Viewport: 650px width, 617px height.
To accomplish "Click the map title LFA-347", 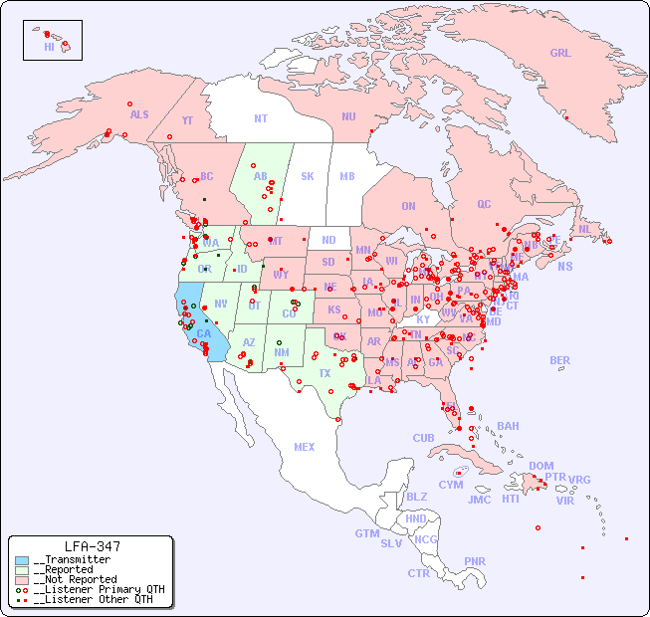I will [92, 546].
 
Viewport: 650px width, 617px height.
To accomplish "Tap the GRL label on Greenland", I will [560, 54].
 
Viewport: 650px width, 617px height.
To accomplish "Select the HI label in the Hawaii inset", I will [49, 47].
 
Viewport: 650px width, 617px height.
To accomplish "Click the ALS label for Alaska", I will [139, 114].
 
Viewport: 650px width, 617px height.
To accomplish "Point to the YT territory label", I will [187, 120].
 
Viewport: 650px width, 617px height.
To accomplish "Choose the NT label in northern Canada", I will [260, 118].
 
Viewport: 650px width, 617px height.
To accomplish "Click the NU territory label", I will [348, 116].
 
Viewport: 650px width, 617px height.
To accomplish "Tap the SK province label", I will [308, 176].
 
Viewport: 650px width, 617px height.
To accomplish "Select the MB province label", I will [346, 176].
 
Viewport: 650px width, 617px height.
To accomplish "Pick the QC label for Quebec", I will [484, 204].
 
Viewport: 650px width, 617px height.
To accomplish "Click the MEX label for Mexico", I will [304, 447].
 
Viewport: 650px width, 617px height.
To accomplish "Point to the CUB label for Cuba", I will [424, 438].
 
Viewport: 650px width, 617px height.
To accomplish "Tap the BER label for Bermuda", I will [559, 360].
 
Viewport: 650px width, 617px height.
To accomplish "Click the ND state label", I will [328, 240].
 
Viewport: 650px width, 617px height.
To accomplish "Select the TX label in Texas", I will [325, 373].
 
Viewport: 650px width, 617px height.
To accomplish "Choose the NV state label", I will [221, 304].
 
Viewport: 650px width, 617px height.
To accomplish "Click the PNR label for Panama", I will [475, 561].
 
